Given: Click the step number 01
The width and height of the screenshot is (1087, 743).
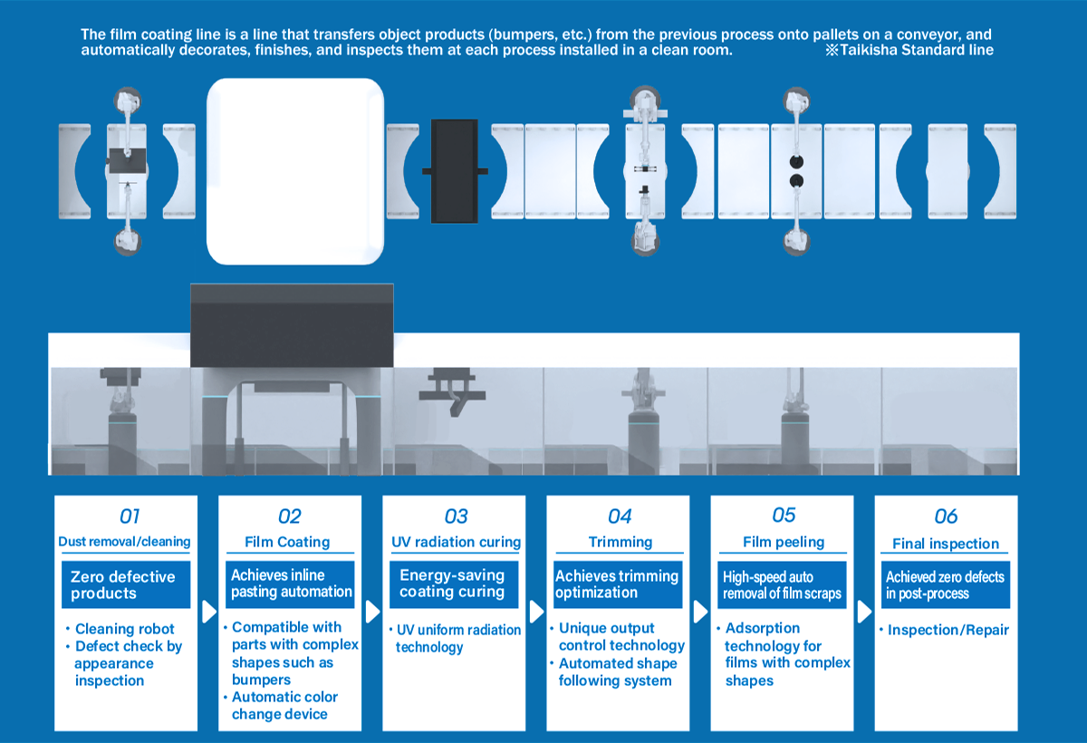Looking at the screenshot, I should coord(130,516).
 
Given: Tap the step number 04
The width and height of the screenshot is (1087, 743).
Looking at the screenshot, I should coord(620,516).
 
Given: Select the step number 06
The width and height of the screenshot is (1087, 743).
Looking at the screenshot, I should coord(946,516).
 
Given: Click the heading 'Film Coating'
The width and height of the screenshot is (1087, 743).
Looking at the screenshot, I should coord(289,542).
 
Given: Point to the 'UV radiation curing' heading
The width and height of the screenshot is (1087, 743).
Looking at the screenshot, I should coord(456,542).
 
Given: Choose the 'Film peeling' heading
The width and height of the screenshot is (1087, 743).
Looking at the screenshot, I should coord(784,542).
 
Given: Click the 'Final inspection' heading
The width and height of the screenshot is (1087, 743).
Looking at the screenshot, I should coord(946,544).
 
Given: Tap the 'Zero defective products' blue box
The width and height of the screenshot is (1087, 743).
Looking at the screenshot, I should coord(125,584).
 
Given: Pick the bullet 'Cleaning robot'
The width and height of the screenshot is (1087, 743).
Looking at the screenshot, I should coord(125,629).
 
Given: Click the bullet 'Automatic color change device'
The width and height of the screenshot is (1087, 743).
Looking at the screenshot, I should coord(284,705).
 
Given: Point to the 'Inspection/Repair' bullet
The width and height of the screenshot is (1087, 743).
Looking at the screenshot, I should coord(948,630).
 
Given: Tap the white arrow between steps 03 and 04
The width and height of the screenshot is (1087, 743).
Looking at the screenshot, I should coord(535,612).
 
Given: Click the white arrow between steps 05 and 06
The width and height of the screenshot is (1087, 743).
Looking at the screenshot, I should coord(863,612).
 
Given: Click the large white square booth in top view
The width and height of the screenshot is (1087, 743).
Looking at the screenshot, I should coord(295,171).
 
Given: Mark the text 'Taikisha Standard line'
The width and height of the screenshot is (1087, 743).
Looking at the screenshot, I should coord(915,51).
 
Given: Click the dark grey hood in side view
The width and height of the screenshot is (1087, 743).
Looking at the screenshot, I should coord(293,325).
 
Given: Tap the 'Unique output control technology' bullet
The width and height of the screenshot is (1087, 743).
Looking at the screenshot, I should coord(621,636).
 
